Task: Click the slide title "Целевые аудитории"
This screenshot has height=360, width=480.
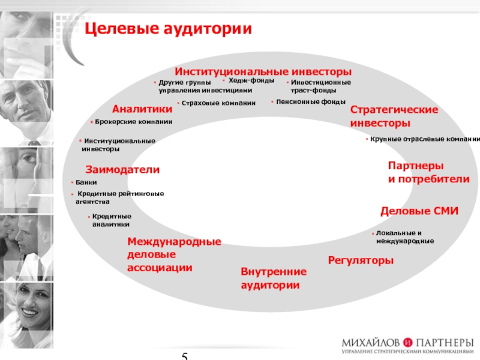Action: tap(167, 28)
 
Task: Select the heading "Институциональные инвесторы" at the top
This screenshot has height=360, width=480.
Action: tap(263, 71)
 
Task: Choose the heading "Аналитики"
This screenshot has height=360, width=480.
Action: tap(142, 109)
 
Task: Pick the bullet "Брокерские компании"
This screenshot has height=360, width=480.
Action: tap(133, 122)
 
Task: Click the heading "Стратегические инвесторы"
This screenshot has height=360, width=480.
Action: tap(394, 116)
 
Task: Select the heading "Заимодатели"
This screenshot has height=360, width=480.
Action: tap(122, 170)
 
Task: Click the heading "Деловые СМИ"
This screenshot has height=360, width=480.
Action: tap(419, 211)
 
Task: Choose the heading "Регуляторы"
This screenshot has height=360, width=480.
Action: tap(361, 260)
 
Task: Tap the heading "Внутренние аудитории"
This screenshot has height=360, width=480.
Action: tap(273, 278)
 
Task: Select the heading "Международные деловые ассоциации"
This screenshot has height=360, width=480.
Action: tap(174, 254)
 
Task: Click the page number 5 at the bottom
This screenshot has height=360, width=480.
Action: tap(185, 356)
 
